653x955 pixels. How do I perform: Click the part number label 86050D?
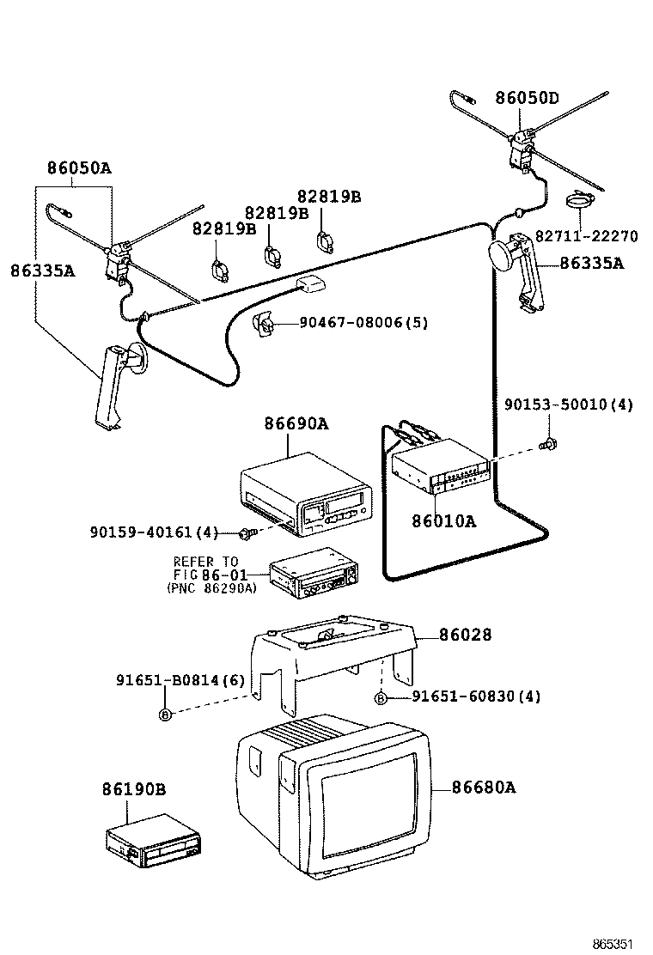(x=527, y=98)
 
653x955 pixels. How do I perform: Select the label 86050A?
(x=80, y=168)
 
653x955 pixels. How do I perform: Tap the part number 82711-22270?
(x=587, y=236)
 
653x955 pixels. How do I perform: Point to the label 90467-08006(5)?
(x=363, y=323)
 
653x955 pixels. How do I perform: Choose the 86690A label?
(x=296, y=424)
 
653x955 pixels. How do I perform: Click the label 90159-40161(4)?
(x=154, y=532)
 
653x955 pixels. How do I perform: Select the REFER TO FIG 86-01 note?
(x=209, y=575)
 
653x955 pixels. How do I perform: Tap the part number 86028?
(x=465, y=635)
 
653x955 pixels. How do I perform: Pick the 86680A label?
(x=484, y=787)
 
